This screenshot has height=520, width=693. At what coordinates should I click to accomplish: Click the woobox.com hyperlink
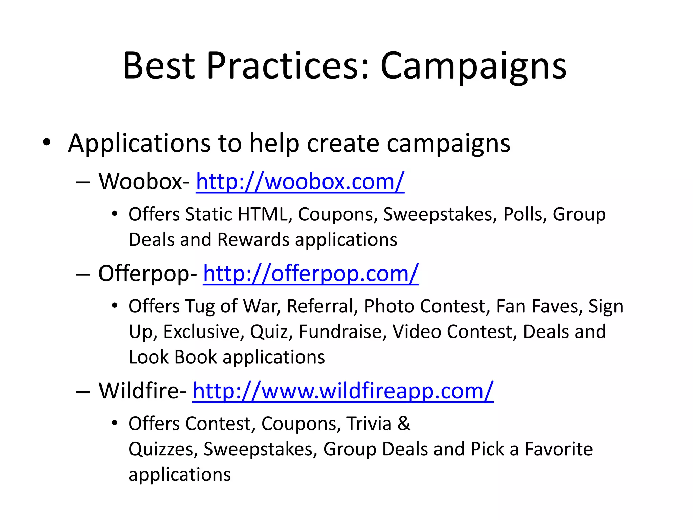coord(300,182)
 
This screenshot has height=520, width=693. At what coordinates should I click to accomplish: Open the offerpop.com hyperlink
coord(311,274)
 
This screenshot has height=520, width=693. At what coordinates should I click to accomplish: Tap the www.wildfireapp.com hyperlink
coord(343,391)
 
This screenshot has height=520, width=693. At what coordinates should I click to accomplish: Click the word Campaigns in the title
coord(473,67)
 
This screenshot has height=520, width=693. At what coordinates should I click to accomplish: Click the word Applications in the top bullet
coord(139,144)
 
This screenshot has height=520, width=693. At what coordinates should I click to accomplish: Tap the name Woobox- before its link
coord(144,182)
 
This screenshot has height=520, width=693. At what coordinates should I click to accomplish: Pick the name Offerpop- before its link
coord(148,274)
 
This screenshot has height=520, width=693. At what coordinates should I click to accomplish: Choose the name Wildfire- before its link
coord(142,391)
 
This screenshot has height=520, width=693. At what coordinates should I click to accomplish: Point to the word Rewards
coord(253,240)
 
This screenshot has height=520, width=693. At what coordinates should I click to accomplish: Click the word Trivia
coord(369,424)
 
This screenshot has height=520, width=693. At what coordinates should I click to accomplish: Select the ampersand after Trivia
coord(404,424)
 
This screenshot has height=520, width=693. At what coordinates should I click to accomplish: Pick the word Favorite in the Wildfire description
coord(558,449)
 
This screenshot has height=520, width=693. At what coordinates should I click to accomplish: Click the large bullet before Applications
coord(47,142)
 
